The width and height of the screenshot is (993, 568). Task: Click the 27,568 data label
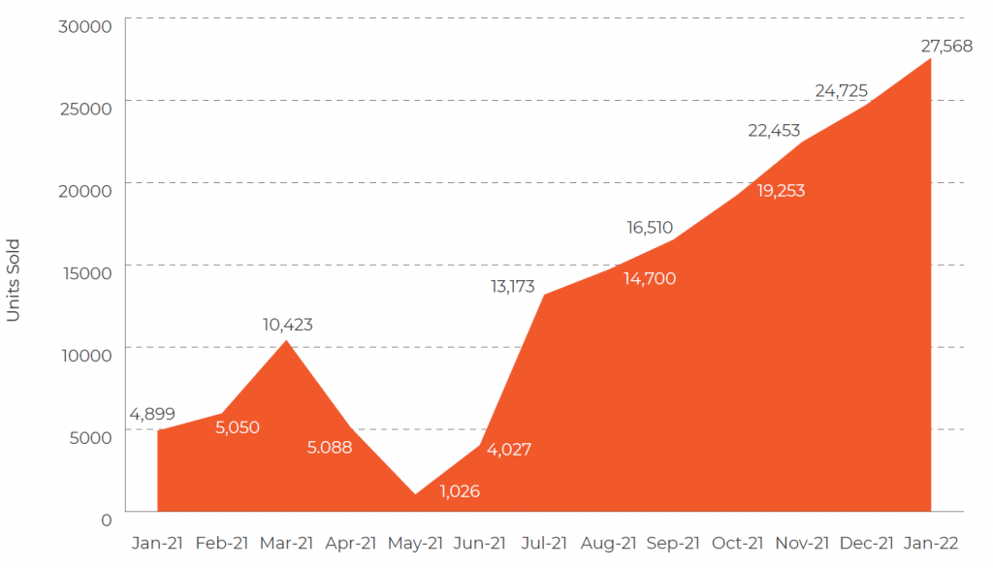(x=945, y=46)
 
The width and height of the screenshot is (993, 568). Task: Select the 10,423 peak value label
(x=287, y=325)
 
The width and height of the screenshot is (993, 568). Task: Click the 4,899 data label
(x=151, y=414)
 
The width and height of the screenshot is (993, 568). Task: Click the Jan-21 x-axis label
(x=156, y=543)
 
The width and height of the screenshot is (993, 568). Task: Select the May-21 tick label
(x=415, y=543)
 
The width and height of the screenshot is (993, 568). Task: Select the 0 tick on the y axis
(x=106, y=519)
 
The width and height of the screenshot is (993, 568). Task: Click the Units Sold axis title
(x=14, y=281)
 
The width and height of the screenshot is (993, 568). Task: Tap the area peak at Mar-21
(x=286, y=341)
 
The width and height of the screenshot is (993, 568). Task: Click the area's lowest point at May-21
(x=415, y=493)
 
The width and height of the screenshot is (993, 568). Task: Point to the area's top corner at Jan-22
(x=931, y=59)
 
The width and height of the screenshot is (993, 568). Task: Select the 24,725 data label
(x=841, y=91)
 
